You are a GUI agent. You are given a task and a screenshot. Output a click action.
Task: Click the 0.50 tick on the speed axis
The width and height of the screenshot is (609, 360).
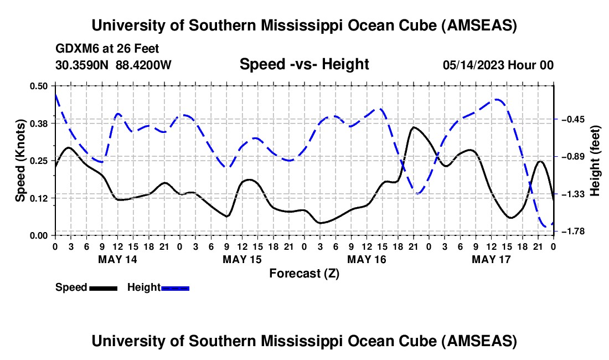click(39, 86)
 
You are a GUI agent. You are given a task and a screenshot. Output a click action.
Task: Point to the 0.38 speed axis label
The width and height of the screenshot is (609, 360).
click(39, 123)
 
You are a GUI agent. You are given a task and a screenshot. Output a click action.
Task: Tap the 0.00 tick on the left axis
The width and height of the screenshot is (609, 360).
click(39, 235)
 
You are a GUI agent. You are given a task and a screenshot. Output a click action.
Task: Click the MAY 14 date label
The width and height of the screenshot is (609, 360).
click(117, 259)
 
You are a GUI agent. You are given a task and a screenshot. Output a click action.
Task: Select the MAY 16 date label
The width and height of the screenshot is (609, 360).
click(366, 259)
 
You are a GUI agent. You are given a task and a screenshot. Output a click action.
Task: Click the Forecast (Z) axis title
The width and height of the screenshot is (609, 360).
click(304, 273)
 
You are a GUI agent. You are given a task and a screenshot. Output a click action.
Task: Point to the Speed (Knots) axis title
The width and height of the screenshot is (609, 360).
click(20, 161)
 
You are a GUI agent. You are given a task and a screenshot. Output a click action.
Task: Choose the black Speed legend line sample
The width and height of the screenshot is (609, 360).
click(102, 288)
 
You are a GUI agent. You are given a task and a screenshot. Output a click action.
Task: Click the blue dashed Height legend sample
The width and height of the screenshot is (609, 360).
click(175, 288)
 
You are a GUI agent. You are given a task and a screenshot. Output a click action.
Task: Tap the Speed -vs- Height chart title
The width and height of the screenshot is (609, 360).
click(304, 64)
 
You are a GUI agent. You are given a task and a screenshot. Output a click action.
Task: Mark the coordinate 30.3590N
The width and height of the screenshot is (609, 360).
click(82, 65)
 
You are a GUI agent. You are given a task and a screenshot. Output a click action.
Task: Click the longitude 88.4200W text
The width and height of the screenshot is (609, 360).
click(143, 65)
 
